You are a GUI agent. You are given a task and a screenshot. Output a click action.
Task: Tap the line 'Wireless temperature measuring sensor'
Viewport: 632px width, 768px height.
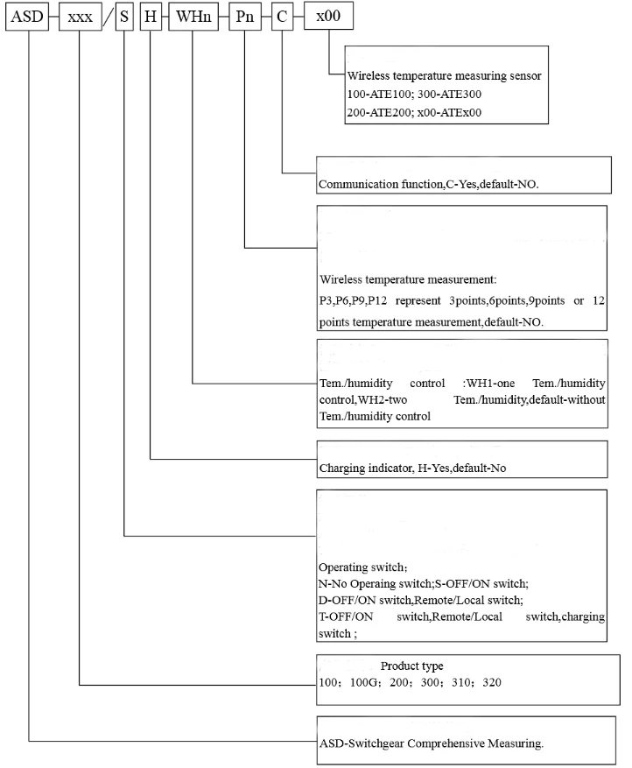tap(444, 76)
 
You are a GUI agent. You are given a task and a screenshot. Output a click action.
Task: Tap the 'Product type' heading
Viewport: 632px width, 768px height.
tap(418, 666)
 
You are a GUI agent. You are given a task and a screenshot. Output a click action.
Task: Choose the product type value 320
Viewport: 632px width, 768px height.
tap(491, 682)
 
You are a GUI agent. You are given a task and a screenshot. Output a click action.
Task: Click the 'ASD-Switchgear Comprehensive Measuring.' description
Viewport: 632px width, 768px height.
tap(432, 743)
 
